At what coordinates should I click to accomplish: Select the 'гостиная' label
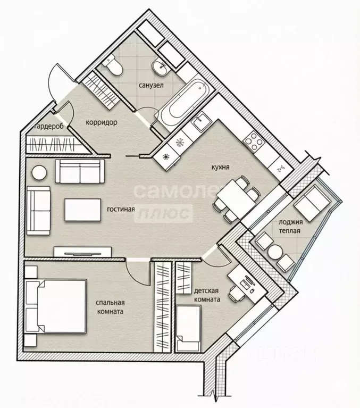pyautogui.click(x=121, y=209)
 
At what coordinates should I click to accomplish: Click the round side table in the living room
pyautogui.click(x=39, y=172)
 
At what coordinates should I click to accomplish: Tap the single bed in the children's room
pyautogui.click(x=189, y=326)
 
